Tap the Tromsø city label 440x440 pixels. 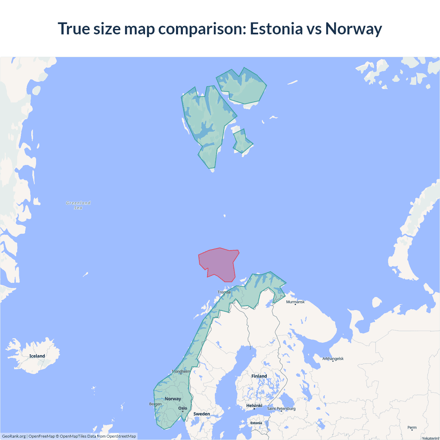(x=224, y=292)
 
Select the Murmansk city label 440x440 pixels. (x=295, y=302)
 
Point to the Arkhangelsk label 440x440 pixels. (x=333, y=359)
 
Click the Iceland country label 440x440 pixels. (x=37, y=356)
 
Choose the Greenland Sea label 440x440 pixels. (x=78, y=205)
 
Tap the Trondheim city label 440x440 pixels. (x=181, y=371)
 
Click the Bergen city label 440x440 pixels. (x=155, y=404)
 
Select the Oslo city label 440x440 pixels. (x=183, y=408)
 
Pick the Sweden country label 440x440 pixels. (x=202, y=414)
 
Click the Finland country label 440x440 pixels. (x=259, y=376)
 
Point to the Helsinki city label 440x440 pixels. (x=254, y=406)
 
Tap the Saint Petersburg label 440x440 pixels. (x=281, y=408)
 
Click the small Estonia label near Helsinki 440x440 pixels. (x=256, y=423)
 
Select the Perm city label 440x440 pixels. (x=412, y=428)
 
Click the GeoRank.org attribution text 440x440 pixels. (x=14, y=436)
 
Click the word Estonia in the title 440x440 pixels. (x=276, y=29)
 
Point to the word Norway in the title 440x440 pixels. (x=353, y=29)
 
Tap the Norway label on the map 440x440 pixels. (x=173, y=399)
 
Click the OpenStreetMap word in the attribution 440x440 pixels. (x=121, y=436)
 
